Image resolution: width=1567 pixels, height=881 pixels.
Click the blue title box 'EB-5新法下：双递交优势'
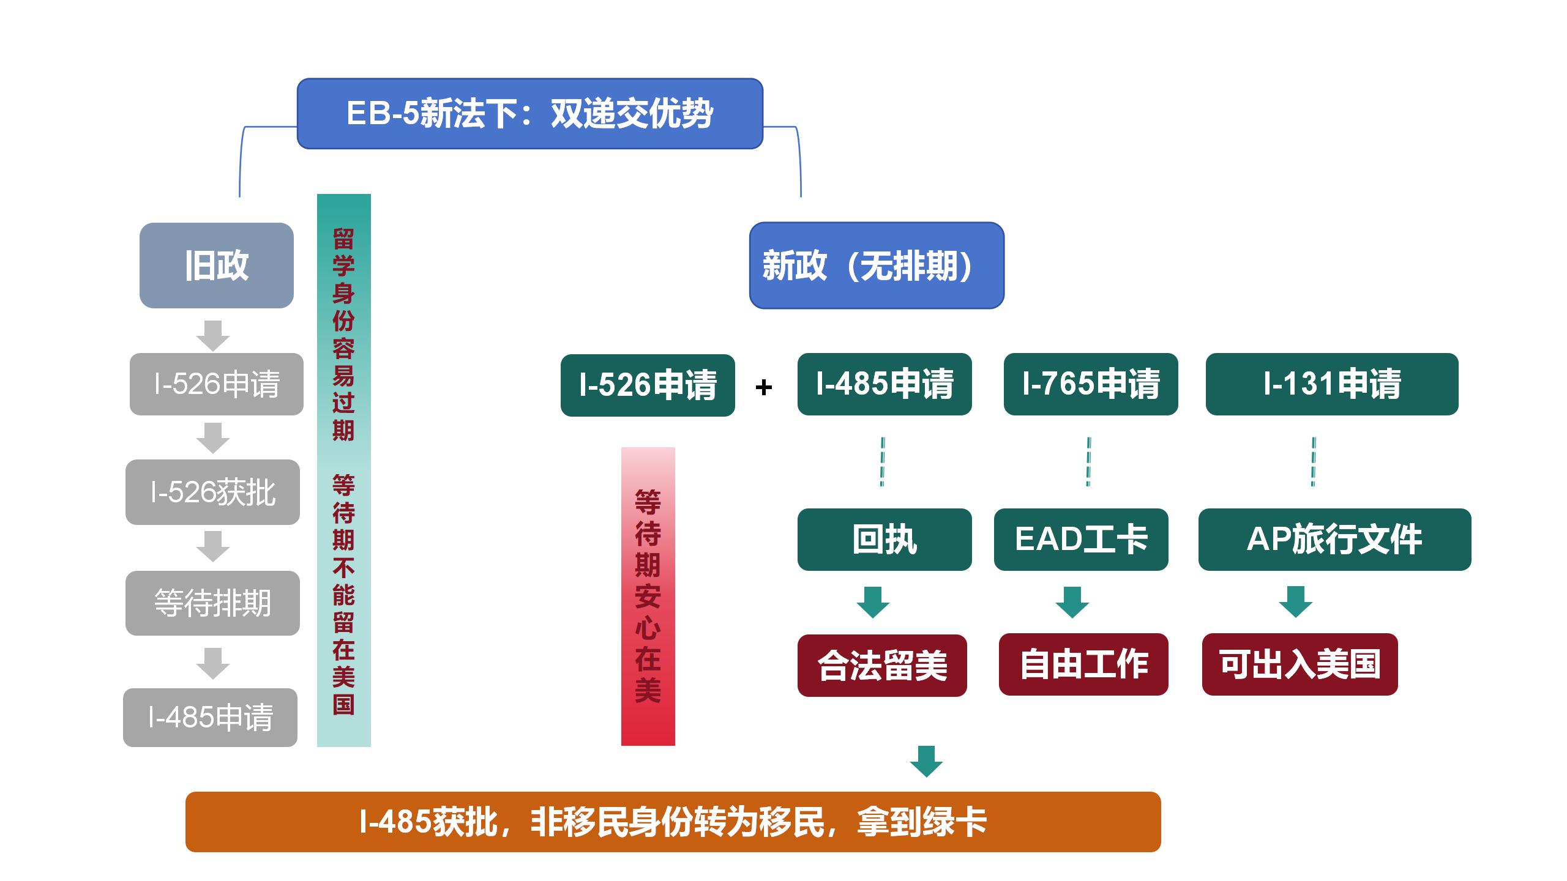tap(530, 114)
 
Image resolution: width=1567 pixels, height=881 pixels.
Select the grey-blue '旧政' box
tap(217, 266)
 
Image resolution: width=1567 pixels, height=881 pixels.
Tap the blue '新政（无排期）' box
tap(877, 266)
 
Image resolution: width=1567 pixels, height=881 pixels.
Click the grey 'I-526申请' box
tap(217, 384)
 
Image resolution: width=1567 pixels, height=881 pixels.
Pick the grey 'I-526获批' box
tap(212, 493)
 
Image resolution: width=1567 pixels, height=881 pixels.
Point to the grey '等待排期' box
tap(212, 603)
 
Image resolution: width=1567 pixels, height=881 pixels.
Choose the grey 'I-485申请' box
tap(210, 718)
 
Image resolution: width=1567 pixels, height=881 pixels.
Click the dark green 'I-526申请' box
tap(648, 385)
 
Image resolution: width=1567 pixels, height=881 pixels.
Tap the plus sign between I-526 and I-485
tap(764, 387)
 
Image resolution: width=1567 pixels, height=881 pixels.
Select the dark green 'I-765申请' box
tap(1091, 384)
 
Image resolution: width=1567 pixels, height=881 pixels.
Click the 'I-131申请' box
tap(1332, 384)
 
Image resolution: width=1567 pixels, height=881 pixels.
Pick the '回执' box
tap(884, 540)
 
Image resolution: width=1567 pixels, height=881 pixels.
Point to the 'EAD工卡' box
tap(1081, 540)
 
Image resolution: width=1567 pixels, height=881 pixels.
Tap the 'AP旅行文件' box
tap(1335, 540)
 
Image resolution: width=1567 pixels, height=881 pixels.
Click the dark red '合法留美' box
tap(882, 666)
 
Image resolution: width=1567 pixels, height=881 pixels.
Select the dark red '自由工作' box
tap(1083, 664)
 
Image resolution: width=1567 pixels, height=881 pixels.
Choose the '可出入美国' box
tap(1300, 664)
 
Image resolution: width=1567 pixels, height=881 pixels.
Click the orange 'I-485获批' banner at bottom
tap(673, 822)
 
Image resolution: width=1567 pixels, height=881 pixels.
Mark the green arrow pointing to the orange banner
tap(926, 761)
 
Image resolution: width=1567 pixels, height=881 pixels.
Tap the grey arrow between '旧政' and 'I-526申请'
tap(213, 336)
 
